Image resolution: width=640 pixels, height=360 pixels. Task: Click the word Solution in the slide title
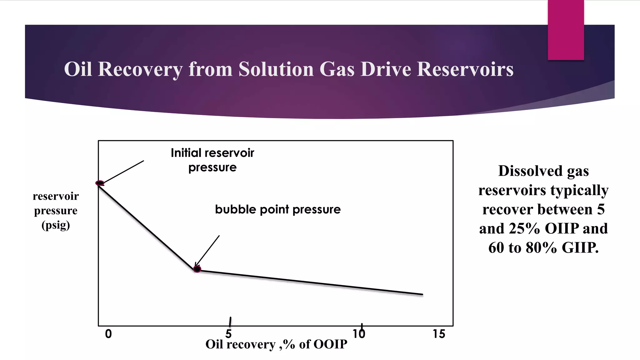[x=276, y=69]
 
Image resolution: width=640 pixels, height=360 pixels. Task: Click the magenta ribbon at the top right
[x=566, y=30]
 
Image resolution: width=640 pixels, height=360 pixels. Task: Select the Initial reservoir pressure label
[x=212, y=160]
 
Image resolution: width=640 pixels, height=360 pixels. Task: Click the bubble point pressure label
[x=278, y=209]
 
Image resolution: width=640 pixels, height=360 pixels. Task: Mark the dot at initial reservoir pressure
[x=100, y=183]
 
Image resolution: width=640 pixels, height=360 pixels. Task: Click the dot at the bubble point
[x=197, y=269]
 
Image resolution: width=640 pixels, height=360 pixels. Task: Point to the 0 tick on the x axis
[x=108, y=334]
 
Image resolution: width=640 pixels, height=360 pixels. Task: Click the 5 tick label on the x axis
[x=229, y=334]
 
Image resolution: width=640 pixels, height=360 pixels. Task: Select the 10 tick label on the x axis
[x=359, y=334]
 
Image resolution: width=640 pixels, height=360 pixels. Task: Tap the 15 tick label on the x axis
[x=439, y=334]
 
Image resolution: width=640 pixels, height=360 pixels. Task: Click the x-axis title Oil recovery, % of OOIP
[x=276, y=344]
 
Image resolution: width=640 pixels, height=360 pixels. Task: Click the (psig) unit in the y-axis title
[x=56, y=225]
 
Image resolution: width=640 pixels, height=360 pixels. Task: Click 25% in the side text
[x=524, y=228]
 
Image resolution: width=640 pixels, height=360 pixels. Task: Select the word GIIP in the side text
[x=580, y=248]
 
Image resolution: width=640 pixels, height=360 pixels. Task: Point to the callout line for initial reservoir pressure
[x=123, y=172]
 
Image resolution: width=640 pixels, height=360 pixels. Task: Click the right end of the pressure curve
[x=422, y=294]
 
